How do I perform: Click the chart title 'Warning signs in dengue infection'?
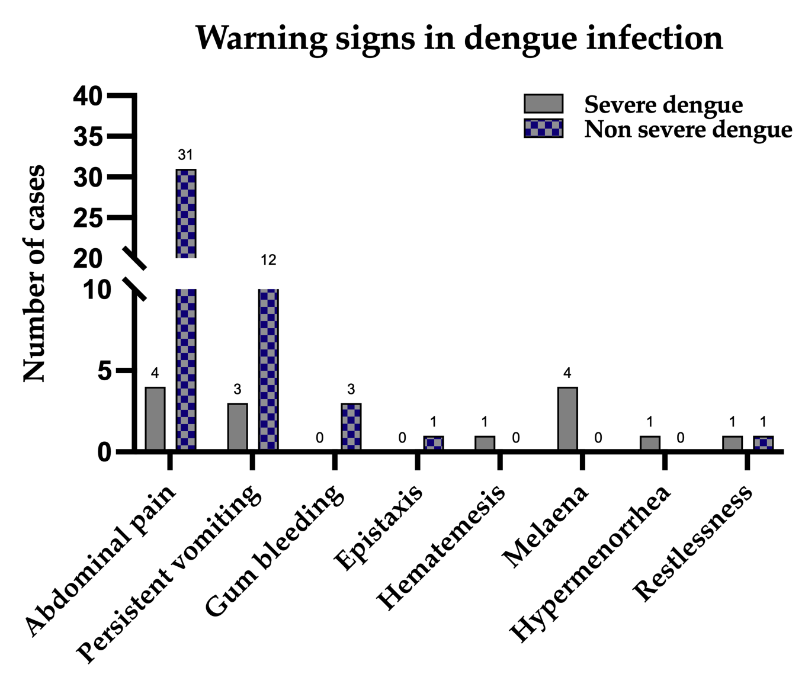click(x=459, y=38)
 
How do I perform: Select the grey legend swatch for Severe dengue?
click(x=543, y=104)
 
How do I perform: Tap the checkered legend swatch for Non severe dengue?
click(x=543, y=129)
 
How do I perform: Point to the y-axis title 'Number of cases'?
click(x=34, y=274)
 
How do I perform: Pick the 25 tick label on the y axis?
click(x=88, y=219)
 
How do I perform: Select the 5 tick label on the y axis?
click(x=104, y=371)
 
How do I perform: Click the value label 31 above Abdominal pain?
click(x=185, y=155)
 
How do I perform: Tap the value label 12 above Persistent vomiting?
click(x=268, y=260)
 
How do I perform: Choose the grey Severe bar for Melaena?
click(x=567, y=419)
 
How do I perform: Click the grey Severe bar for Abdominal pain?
click(x=155, y=419)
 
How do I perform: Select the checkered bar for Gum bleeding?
click(x=351, y=427)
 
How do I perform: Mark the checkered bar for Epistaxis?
click(x=433, y=443)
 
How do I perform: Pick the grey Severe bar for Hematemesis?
click(x=485, y=443)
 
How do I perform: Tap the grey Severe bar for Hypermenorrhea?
click(x=650, y=443)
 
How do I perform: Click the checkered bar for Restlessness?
click(x=763, y=443)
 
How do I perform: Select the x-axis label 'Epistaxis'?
click(x=380, y=527)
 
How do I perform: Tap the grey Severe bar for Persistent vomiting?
click(x=238, y=426)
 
